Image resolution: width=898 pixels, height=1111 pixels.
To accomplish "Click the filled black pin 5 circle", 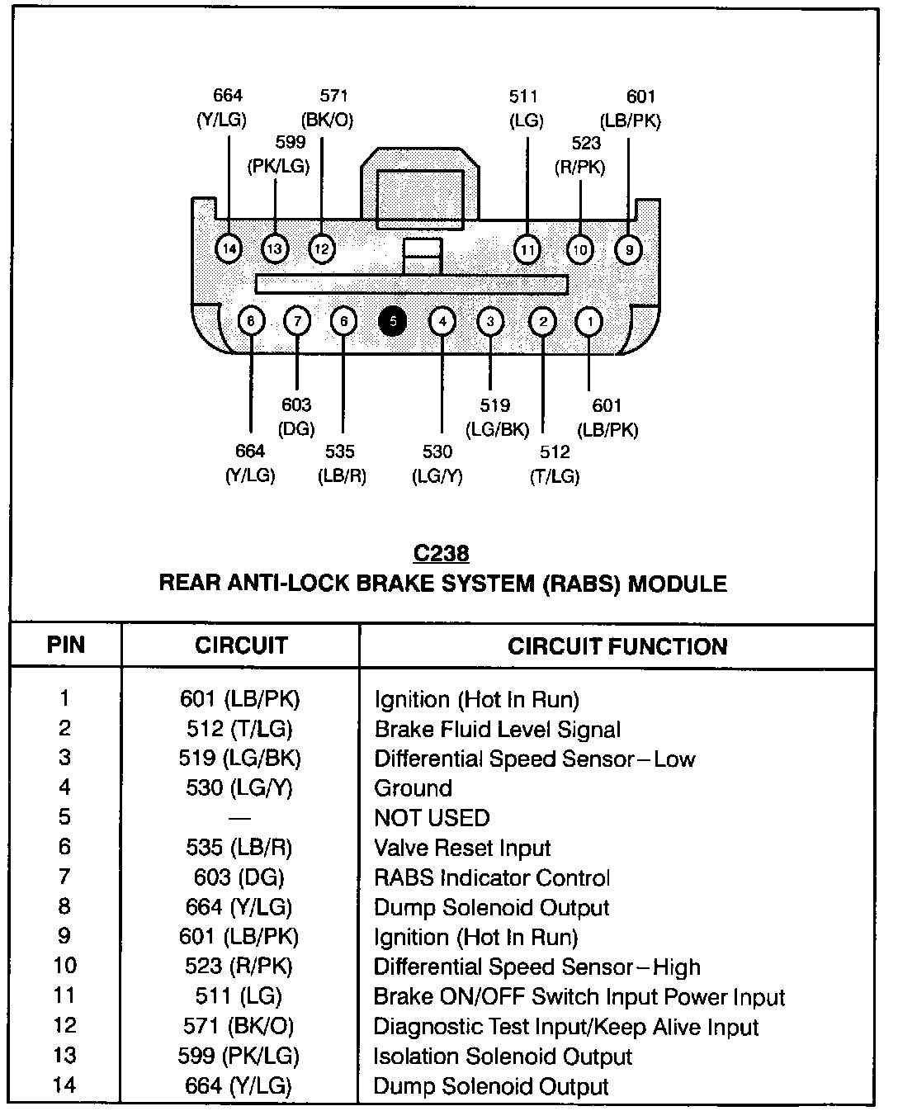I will (393, 321).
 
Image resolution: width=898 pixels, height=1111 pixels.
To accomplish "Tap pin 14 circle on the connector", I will (229, 248).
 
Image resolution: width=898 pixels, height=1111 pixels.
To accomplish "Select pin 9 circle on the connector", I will (629, 248).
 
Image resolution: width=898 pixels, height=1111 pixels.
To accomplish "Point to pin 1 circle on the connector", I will (588, 321).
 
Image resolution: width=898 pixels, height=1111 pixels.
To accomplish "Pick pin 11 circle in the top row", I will (527, 248).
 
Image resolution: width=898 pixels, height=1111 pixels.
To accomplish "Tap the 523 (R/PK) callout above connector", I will (580, 155).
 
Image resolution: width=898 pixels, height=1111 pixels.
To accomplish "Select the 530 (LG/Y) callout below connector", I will (437, 464).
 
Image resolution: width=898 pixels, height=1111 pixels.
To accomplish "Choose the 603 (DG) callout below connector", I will (296, 417).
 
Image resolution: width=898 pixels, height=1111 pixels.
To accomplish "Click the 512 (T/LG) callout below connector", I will (555, 464).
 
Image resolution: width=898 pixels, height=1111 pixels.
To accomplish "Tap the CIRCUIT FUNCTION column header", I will (617, 646).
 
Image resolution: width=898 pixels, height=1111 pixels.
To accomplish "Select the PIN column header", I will (66, 645).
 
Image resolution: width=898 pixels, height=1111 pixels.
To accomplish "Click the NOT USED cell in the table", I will (432, 818).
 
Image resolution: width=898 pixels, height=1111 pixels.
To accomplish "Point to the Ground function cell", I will (413, 788).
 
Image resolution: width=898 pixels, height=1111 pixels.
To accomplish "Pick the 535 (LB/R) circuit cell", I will (239, 848).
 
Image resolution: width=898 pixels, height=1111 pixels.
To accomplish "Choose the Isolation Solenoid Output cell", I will (503, 1057).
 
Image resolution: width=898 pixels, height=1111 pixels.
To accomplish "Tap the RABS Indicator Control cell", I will (492, 877).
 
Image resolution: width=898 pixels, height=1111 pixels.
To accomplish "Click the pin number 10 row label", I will (65, 967).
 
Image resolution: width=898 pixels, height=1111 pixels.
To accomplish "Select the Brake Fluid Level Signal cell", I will (497, 730).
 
